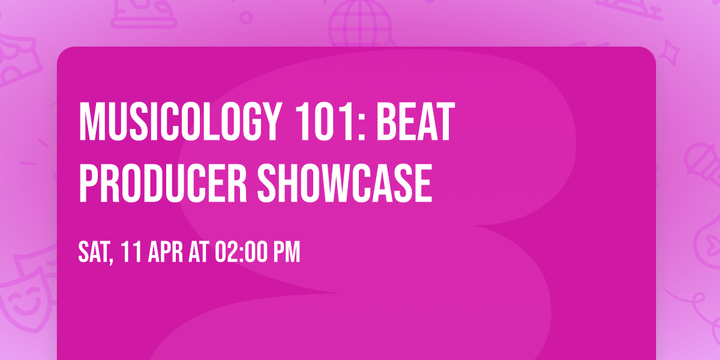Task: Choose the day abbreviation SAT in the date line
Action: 93,253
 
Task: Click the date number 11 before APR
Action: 130,253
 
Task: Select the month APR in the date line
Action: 163,253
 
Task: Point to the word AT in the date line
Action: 198,253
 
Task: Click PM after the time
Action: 286,253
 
